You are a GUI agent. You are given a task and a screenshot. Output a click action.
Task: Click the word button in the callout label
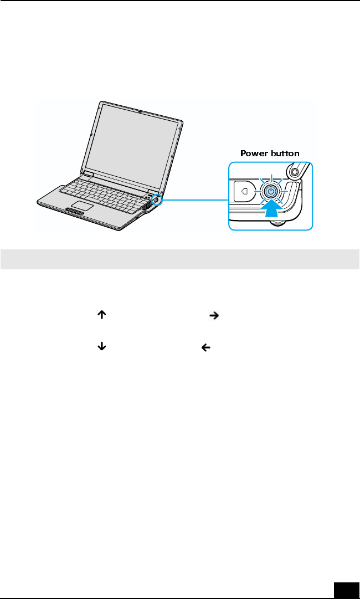[285, 153]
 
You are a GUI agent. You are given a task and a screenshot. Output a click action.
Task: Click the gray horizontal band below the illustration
[179, 259]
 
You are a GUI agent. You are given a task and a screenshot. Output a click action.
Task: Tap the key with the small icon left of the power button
[244, 192]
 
